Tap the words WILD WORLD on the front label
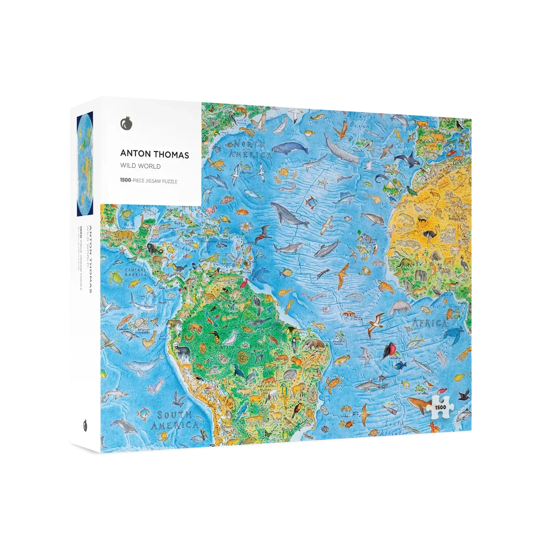(140, 166)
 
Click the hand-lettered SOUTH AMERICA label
(175, 420)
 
